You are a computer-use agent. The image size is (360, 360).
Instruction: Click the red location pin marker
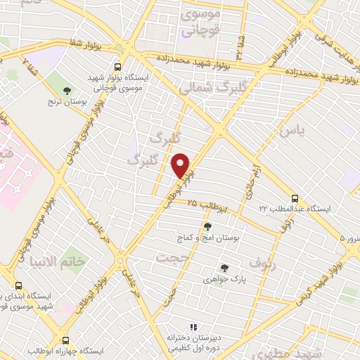pos(181,166)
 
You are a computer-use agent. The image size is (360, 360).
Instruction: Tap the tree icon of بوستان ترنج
pos(67,91)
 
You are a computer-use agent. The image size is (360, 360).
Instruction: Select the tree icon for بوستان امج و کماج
pos(207,226)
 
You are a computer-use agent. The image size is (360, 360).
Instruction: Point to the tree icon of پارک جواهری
pos(224,267)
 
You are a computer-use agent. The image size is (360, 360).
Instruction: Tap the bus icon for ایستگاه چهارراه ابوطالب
pos(65,340)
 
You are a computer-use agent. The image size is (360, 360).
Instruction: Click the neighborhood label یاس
pos(293,131)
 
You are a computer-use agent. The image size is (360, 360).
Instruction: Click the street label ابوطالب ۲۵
pos(207,207)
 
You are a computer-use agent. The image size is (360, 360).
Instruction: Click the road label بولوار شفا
pos(84,44)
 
